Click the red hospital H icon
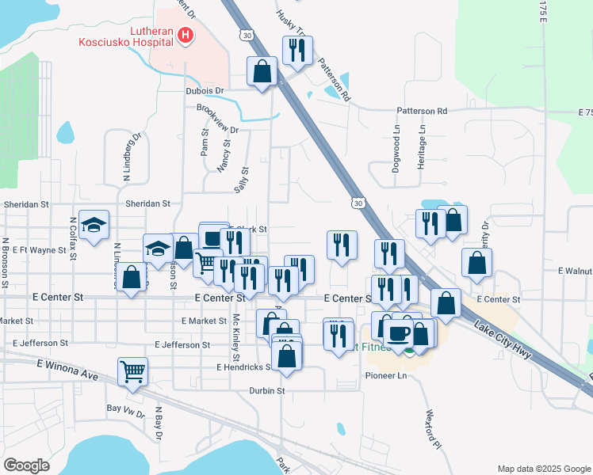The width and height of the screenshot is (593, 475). (x=185, y=35)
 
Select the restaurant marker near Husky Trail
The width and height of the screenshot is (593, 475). (x=295, y=51)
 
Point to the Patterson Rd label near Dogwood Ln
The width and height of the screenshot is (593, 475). (x=423, y=111)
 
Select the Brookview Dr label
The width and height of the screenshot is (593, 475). (x=217, y=119)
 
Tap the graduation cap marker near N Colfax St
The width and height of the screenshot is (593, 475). (x=94, y=226)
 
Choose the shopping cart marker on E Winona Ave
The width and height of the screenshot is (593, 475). (x=132, y=370)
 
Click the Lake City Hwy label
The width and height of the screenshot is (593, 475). (x=503, y=338)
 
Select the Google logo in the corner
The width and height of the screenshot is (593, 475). (x=27, y=465)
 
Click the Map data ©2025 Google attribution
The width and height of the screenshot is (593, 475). (x=543, y=469)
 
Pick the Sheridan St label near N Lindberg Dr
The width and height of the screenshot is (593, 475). (x=147, y=203)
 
